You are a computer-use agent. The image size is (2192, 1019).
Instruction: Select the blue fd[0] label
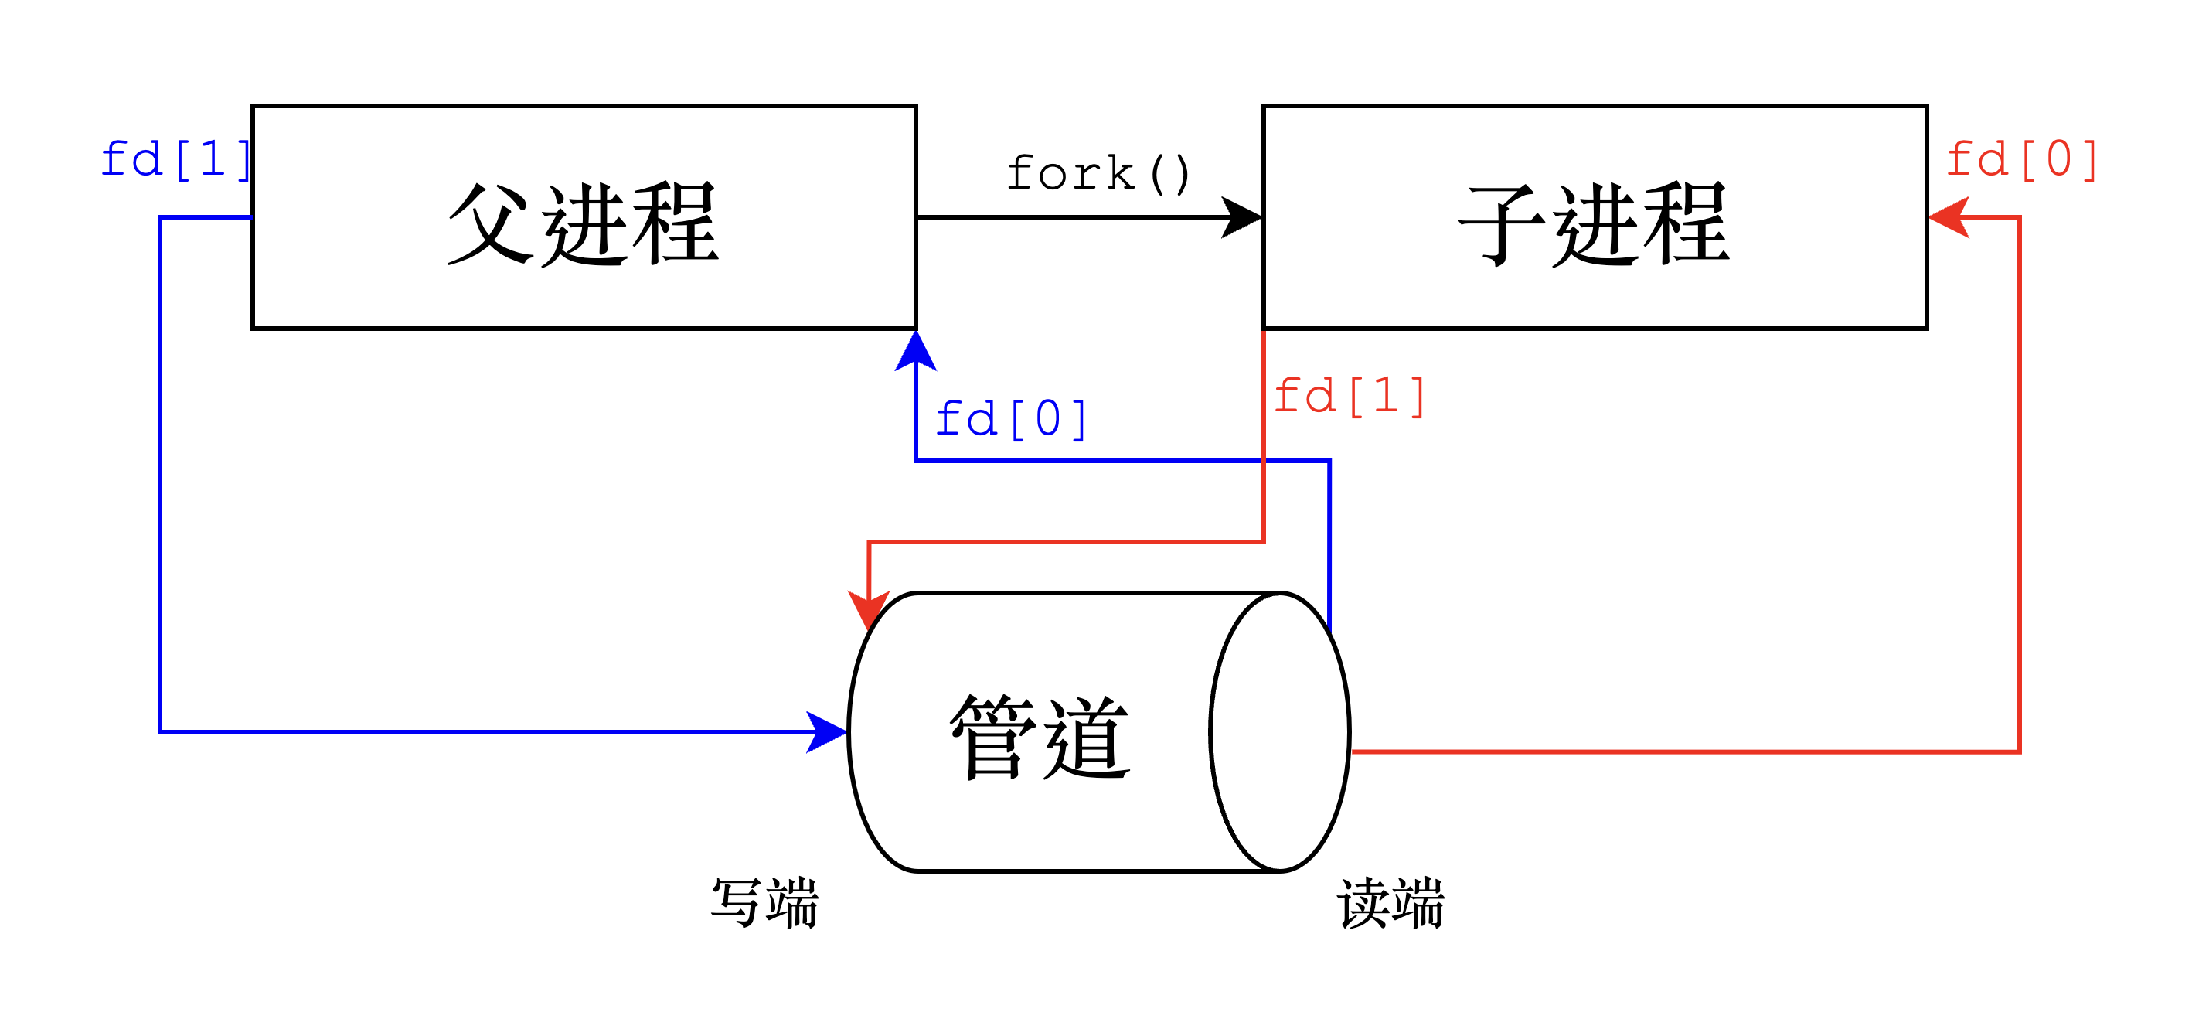click(x=1011, y=420)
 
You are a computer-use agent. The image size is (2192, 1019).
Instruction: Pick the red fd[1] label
click(x=1350, y=397)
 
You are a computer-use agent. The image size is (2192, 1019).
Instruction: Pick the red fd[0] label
click(x=2022, y=160)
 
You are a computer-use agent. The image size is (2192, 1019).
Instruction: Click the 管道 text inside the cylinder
click(x=1040, y=738)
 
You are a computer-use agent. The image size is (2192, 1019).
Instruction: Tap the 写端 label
click(x=765, y=903)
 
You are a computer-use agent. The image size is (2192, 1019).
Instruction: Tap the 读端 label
click(x=1390, y=903)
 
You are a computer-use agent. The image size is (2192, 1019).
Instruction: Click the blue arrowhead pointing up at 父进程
click(x=916, y=351)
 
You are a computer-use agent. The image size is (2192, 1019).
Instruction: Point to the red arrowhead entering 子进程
click(x=1949, y=217)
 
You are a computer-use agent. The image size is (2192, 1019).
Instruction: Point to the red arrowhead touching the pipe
click(x=869, y=610)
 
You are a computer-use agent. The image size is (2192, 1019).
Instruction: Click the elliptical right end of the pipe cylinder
click(x=1279, y=732)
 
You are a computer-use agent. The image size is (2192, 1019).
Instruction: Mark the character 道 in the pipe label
click(x=1087, y=738)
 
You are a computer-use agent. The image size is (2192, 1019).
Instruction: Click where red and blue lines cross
click(x=1264, y=461)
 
